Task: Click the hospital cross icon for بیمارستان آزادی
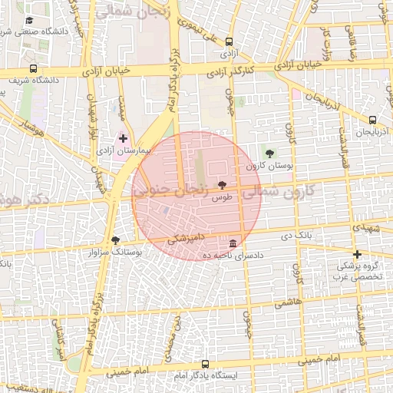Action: tap(124, 138)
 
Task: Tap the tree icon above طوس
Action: tap(223, 185)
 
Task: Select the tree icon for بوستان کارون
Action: tap(268, 154)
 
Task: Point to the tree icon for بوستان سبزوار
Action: tap(115, 240)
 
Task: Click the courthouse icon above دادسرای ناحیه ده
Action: tap(232, 243)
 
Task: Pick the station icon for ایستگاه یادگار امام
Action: tap(205, 364)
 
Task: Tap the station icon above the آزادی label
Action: tap(230, 43)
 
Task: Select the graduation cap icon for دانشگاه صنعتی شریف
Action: tap(29, 21)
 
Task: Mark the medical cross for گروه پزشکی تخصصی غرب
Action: tap(356, 254)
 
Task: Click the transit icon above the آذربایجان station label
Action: tap(372, 120)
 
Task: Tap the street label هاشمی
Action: tap(287, 303)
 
